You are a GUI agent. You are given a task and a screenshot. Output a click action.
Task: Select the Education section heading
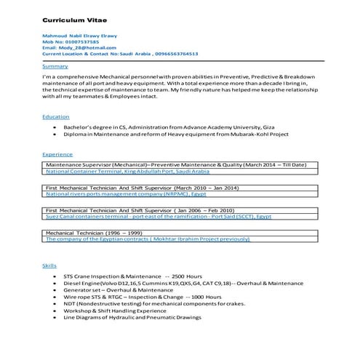pyautogui.click(x=56, y=116)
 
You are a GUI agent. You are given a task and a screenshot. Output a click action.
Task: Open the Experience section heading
pyautogui.click(x=57, y=154)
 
